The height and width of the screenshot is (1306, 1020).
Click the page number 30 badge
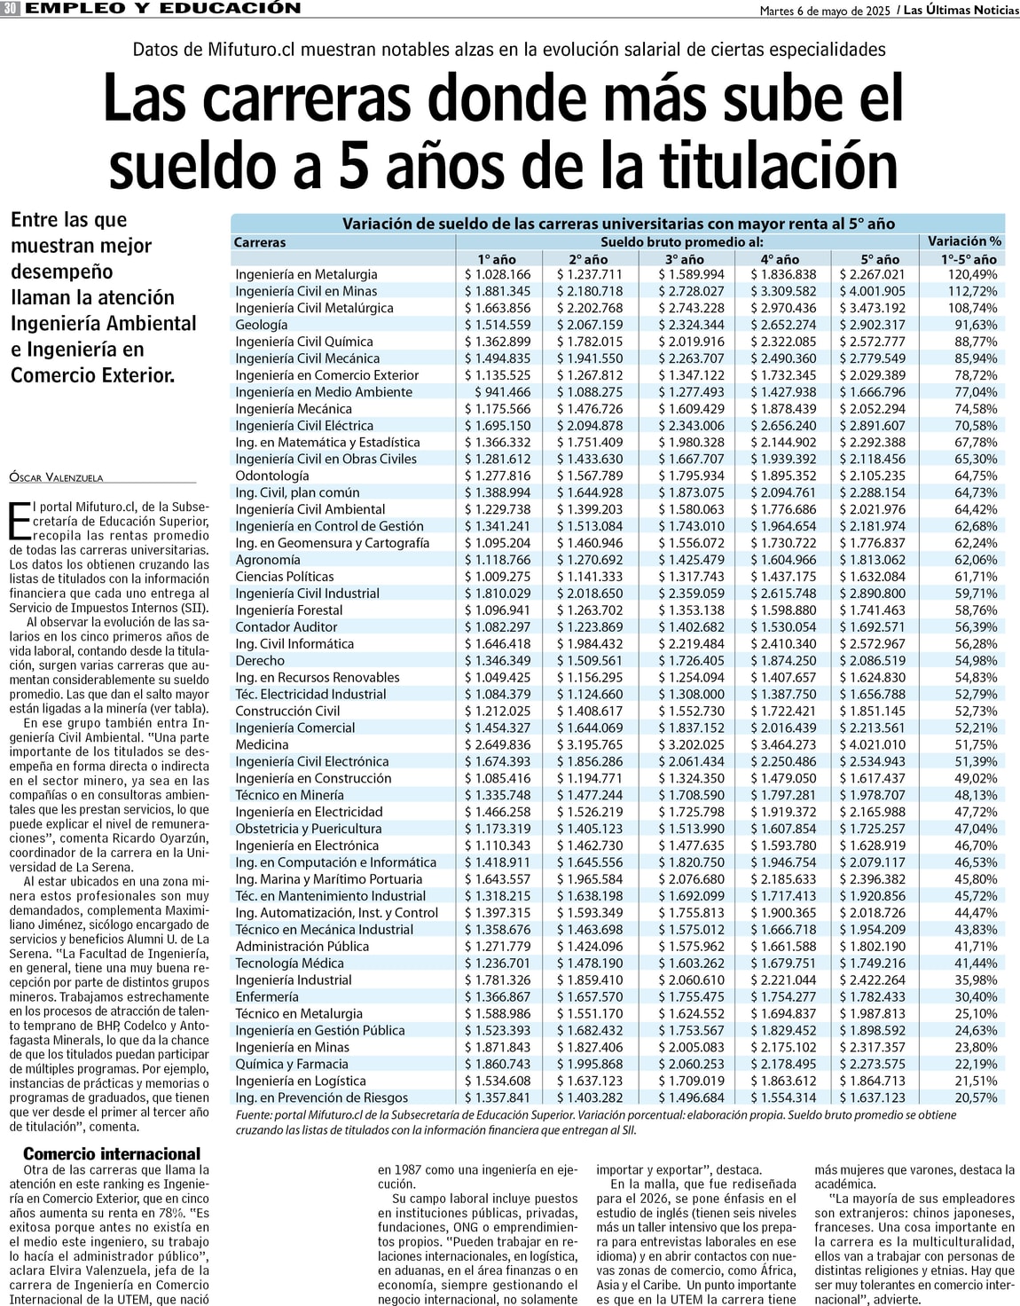tap(11, 9)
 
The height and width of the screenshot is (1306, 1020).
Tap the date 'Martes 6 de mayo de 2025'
tap(825, 11)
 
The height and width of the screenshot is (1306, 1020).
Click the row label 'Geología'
tap(261, 325)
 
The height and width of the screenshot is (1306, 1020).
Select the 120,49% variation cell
tap(972, 274)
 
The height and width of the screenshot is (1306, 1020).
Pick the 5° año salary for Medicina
tap(873, 744)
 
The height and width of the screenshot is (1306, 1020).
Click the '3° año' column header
tap(684, 259)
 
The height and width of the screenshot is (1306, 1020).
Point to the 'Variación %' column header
tap(964, 241)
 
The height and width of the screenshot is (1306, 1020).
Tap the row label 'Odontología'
tap(271, 476)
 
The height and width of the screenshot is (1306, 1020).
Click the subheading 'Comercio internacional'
tap(112, 1153)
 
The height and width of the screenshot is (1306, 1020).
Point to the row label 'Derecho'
tap(260, 660)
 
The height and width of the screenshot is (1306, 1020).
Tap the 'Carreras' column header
tap(260, 242)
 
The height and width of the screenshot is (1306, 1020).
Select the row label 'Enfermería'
tap(266, 996)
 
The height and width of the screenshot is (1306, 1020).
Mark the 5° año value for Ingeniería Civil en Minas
tap(873, 291)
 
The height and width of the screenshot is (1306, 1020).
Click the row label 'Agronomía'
tap(267, 560)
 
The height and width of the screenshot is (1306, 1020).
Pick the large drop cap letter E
tap(20, 521)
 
